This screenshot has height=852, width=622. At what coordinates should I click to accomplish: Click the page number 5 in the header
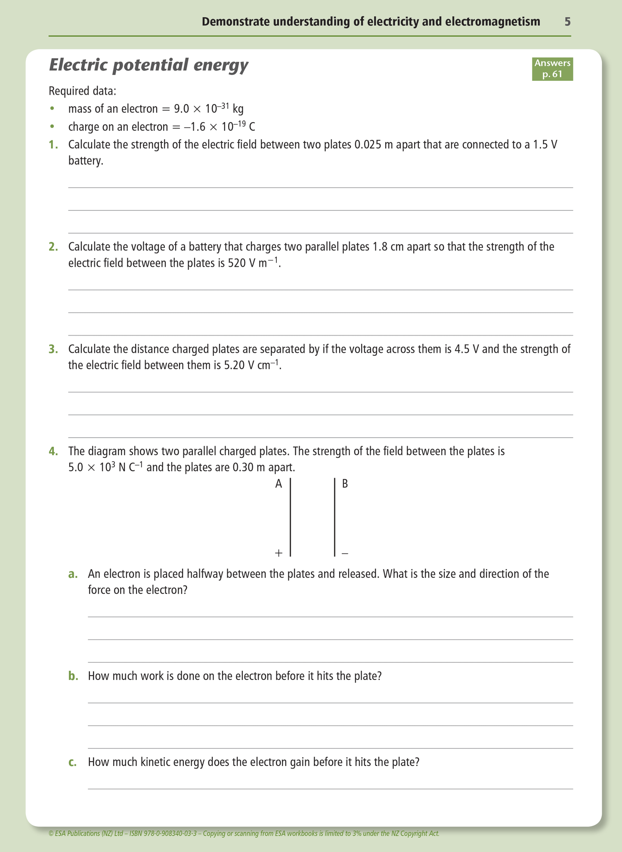point(567,22)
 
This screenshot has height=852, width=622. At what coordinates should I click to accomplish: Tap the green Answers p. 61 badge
point(552,69)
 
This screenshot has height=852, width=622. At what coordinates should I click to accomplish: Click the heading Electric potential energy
point(149,65)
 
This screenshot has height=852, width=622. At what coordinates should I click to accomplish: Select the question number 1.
point(53,145)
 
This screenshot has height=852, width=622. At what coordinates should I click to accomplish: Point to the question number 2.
point(53,247)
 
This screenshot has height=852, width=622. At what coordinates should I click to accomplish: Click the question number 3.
point(53,349)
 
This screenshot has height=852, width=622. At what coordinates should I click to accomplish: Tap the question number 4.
point(53,451)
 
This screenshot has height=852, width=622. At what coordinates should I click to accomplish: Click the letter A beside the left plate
point(279,484)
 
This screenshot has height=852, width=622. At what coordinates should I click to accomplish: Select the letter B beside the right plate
point(345,484)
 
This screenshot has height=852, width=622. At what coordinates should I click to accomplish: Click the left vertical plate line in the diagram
point(291,516)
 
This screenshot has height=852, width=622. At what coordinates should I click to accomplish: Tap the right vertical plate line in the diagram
point(334,516)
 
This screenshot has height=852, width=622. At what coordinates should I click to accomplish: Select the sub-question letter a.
point(73,574)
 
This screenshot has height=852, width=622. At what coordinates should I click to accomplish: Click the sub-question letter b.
point(73,676)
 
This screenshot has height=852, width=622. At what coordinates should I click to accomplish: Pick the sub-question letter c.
point(73,762)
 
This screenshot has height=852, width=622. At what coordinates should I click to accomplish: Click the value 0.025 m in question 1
point(373,145)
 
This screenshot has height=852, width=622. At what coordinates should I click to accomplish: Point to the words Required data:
point(82,91)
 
